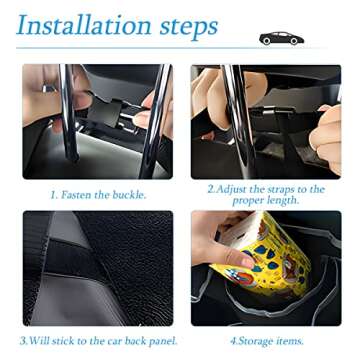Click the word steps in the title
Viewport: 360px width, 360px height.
189,27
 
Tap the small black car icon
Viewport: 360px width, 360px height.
281,38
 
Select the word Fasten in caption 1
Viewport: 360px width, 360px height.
77,195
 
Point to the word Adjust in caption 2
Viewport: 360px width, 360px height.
236,189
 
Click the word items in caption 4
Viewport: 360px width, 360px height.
289,341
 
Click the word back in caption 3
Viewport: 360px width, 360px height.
128,341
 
